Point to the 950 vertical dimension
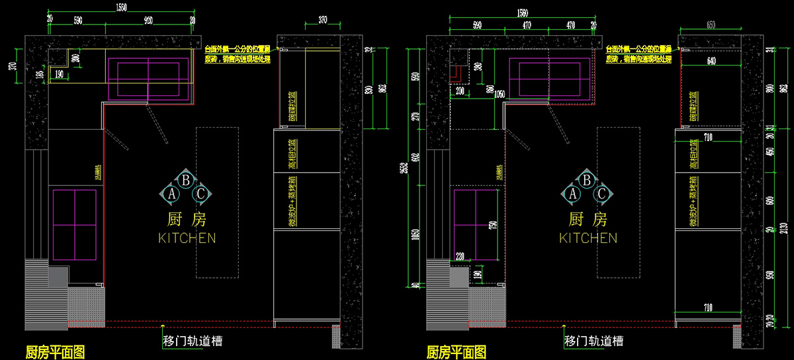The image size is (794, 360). (770, 275)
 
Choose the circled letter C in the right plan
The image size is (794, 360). (601, 194)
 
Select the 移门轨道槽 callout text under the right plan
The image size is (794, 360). (593, 341)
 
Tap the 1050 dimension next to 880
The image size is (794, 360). (500, 95)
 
